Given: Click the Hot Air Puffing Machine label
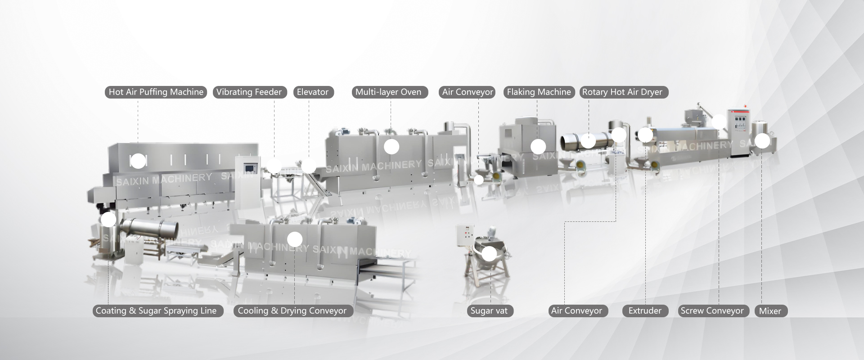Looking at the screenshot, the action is click(156, 92).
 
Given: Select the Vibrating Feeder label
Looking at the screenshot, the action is click(249, 92).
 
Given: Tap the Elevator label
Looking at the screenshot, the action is click(313, 92).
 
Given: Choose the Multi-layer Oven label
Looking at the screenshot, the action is click(388, 92).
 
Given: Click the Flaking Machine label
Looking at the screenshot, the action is click(539, 92).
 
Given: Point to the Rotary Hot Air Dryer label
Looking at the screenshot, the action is click(622, 92).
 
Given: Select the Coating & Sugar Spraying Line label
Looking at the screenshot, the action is click(156, 311).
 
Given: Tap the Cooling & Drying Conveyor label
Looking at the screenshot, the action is click(292, 311).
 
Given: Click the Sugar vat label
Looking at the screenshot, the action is click(489, 311).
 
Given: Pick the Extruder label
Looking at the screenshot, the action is click(645, 311).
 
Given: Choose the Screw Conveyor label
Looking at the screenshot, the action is click(712, 311).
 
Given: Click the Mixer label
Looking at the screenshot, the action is click(770, 311).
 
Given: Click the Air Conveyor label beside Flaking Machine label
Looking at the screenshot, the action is click(468, 92).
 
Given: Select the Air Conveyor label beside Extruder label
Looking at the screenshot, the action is click(576, 311).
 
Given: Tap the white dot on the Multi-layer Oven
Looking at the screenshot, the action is click(391, 147).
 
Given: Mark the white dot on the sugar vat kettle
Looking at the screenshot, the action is click(489, 254).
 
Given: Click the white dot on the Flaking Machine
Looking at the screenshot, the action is click(538, 147).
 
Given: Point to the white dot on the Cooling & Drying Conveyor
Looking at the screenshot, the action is click(295, 239).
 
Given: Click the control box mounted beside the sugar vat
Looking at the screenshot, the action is click(465, 234).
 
